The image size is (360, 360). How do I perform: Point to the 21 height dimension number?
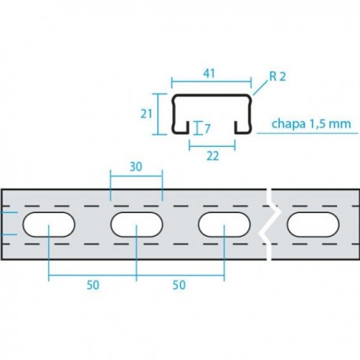click(x=146, y=114)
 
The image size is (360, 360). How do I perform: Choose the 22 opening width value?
click(x=212, y=155)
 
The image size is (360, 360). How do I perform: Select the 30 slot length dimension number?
click(x=136, y=167)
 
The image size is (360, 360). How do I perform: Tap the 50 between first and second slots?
click(x=92, y=286)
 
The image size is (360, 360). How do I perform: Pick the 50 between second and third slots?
click(x=179, y=286)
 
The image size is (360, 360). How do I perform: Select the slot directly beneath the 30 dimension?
click(x=136, y=226)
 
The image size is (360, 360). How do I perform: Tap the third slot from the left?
click(x=224, y=226)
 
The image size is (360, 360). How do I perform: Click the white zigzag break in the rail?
click(x=267, y=226)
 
